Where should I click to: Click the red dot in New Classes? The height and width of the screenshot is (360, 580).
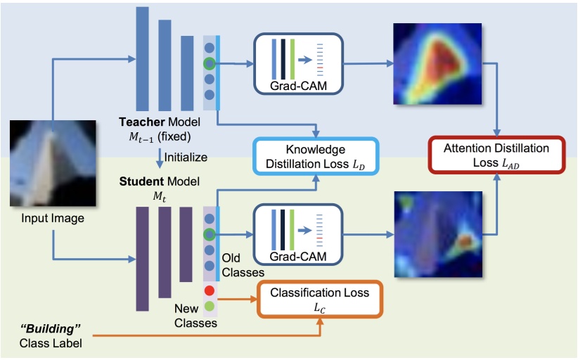pos(209,290)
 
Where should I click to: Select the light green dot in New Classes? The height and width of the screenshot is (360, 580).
pos(209,307)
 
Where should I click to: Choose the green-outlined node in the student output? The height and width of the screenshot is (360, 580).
pos(209,233)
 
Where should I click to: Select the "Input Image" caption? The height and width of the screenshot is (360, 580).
pos(51,219)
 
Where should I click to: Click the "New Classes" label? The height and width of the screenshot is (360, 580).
pos(196,317)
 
